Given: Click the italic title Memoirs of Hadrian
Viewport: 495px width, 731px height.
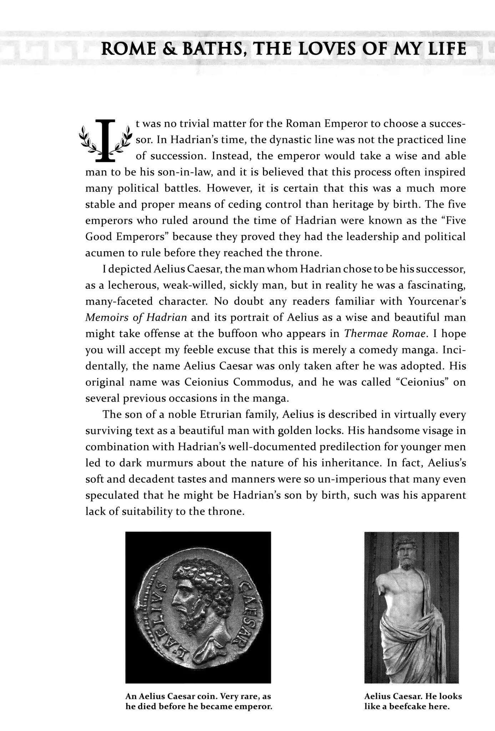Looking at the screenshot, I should (136, 317).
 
